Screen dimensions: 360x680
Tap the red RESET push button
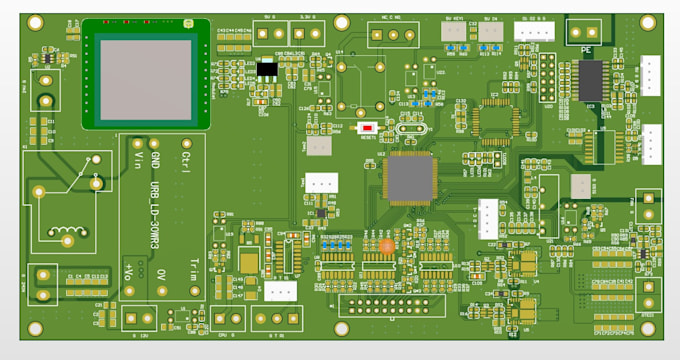(x=368, y=128)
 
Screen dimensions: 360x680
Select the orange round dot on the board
(x=387, y=244)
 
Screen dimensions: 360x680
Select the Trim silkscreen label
(x=193, y=268)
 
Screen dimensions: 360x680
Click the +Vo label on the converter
(x=129, y=270)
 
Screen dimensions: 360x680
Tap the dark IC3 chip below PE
(x=591, y=80)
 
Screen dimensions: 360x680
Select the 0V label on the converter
(x=162, y=272)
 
